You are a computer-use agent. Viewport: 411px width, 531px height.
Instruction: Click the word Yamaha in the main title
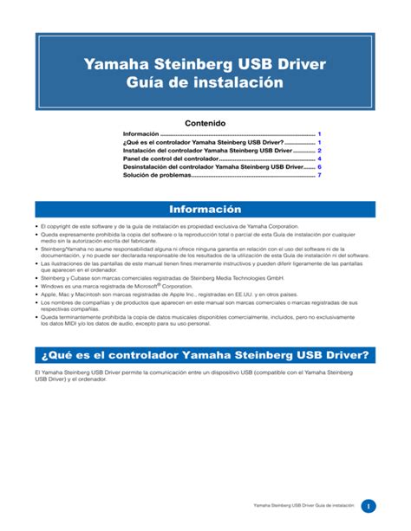point(139,63)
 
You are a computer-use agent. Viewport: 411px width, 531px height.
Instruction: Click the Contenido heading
point(205,123)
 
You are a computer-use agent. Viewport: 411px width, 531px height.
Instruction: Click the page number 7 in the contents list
point(319,176)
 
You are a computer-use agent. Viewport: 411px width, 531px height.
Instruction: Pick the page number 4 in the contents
point(319,159)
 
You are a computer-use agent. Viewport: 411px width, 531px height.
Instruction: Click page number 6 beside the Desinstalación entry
point(319,167)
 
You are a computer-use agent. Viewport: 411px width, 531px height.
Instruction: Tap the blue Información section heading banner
point(205,210)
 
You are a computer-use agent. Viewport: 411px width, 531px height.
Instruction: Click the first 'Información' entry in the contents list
point(142,135)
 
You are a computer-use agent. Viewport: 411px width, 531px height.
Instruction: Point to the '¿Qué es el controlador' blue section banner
point(205,355)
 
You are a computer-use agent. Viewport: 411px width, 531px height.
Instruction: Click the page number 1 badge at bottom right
point(368,505)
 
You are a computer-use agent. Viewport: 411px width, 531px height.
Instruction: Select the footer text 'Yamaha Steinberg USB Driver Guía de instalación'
point(303,506)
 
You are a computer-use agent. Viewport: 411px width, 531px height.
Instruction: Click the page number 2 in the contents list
point(319,150)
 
